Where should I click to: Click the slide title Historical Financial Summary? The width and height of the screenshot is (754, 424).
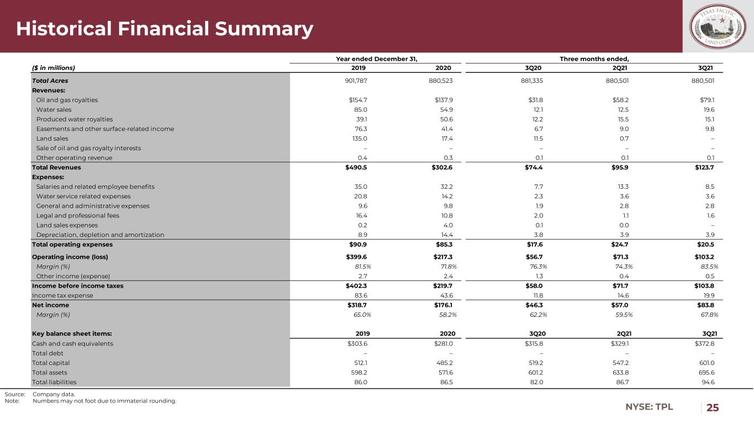(x=165, y=29)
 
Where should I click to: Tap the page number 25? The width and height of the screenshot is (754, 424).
(x=713, y=407)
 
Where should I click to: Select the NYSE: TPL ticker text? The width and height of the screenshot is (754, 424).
(x=649, y=407)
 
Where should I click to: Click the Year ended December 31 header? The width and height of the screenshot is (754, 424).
(x=376, y=59)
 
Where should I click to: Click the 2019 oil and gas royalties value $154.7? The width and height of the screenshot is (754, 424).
(x=354, y=100)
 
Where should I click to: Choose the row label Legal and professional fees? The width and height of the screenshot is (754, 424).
(x=77, y=215)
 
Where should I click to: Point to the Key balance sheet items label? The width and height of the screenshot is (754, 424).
(x=72, y=333)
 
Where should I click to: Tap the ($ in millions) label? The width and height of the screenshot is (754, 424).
(x=53, y=68)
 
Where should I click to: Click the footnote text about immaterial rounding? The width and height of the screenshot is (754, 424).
(x=104, y=401)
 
